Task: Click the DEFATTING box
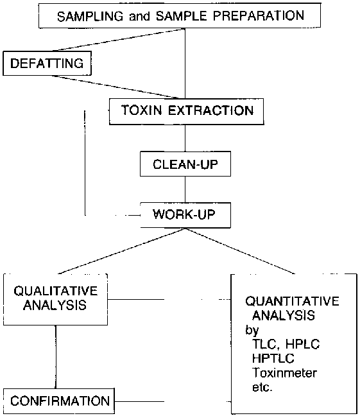click(47, 64)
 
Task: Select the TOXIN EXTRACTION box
click(187, 112)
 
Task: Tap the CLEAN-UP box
click(185, 164)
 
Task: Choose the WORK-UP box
click(185, 215)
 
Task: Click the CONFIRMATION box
click(59, 401)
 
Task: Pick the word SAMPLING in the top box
click(90, 17)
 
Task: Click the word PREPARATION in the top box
click(259, 15)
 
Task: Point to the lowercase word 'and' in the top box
click(139, 17)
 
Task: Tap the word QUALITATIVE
click(56, 291)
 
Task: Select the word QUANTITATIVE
click(292, 301)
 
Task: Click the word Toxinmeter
click(284, 373)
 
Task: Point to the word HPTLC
click(273, 358)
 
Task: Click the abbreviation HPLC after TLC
click(303, 344)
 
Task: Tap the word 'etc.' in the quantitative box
click(262, 387)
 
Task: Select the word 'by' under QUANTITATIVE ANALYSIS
click(252, 331)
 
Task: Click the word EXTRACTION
click(211, 110)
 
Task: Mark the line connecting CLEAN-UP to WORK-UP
click(185, 189)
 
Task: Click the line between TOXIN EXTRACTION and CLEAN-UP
click(185, 138)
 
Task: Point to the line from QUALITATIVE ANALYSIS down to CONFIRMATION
click(56, 357)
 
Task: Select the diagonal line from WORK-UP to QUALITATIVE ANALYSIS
click(121, 251)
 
